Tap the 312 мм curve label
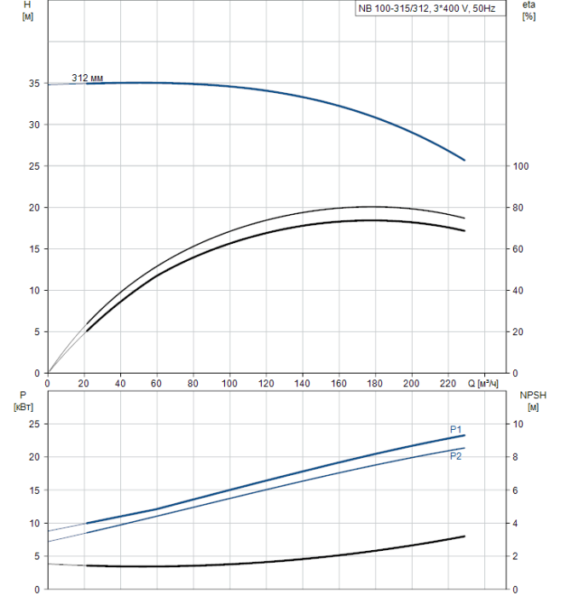[88, 78]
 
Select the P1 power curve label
[456, 429]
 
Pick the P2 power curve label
[456, 456]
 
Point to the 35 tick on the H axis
[33, 84]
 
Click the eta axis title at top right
[529, 11]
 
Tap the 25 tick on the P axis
[35, 424]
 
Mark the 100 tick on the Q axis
[230, 383]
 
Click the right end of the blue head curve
[465, 159]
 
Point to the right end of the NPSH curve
[465, 536]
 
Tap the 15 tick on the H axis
[33, 249]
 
